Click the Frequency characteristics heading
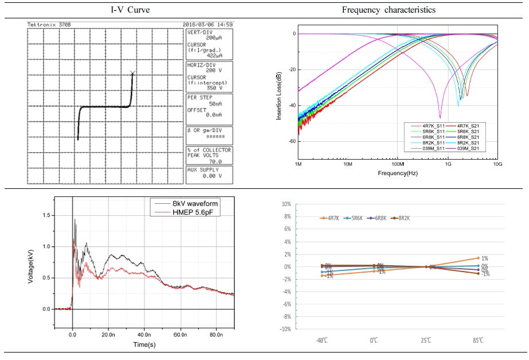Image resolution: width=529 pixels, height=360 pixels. (388, 10)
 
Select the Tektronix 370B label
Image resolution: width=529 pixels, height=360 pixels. (49, 25)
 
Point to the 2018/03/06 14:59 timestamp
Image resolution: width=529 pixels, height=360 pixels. (207, 25)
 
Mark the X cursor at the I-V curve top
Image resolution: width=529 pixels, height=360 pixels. (133, 73)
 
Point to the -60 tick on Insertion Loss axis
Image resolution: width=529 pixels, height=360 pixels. (291, 141)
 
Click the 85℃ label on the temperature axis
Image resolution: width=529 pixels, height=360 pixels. (478, 340)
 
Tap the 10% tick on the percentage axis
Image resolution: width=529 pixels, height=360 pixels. (285, 204)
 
